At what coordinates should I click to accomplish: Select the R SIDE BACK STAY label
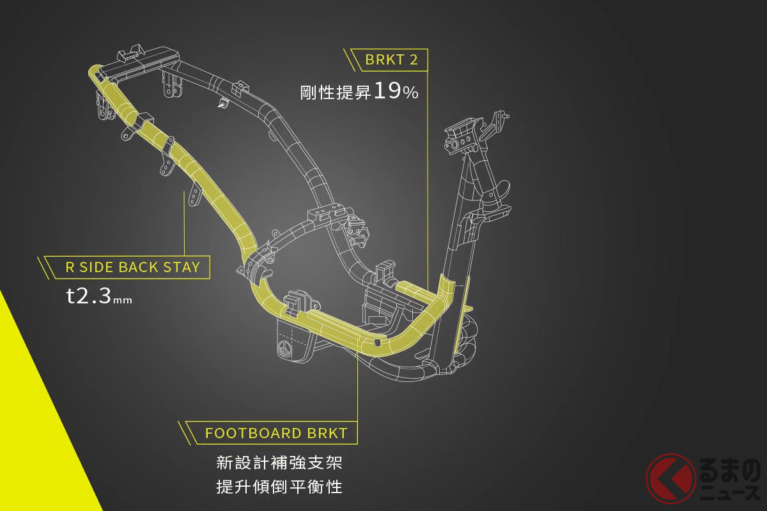coord(133,267)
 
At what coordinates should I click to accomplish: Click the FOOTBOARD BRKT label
coord(276,432)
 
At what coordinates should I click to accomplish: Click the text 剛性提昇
coord(336,93)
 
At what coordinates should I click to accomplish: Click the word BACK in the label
coord(142,267)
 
